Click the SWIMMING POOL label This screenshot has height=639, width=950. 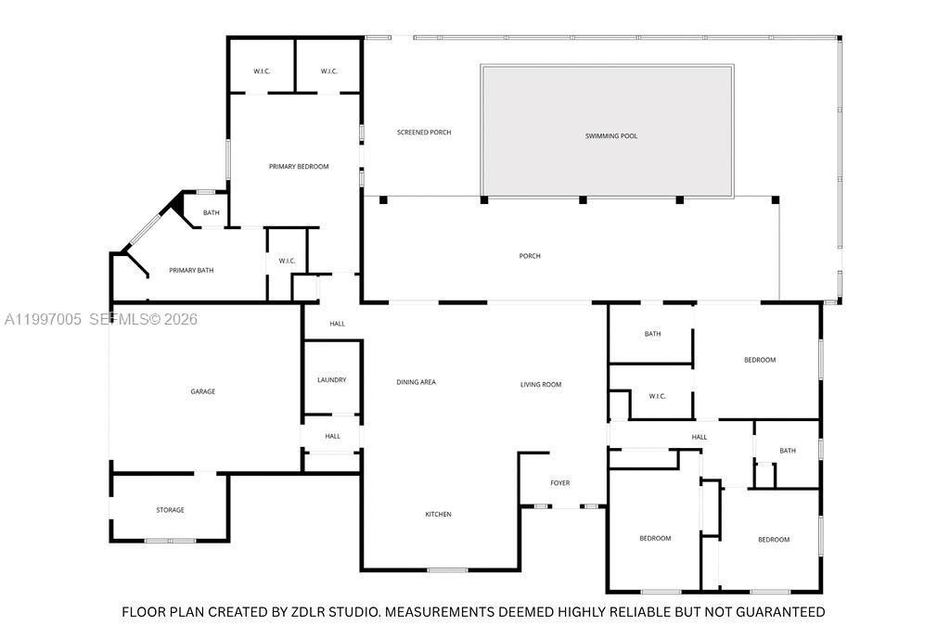coord(610,136)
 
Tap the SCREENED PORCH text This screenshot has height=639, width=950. coord(424,133)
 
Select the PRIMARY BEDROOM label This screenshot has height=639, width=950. coord(299,167)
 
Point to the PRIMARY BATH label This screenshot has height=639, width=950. coord(191,271)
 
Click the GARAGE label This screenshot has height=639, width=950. coord(203,391)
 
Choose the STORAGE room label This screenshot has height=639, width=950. coord(170,510)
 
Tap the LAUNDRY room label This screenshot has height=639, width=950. coord(331,380)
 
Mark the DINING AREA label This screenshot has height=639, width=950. coord(416,382)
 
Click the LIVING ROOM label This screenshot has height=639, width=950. coord(540,385)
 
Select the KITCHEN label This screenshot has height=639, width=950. coord(438,515)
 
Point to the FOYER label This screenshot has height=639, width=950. coord(559,483)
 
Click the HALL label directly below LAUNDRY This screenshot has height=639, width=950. coord(332,436)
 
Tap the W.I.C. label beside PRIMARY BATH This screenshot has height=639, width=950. coord(287,261)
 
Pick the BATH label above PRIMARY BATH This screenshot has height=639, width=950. coord(212,213)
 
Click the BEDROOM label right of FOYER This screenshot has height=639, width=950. coord(655,539)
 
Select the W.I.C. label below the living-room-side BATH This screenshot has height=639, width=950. coord(657,396)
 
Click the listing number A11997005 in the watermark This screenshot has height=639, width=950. coord(43,320)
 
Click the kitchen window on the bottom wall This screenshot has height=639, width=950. coord(447,569)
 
